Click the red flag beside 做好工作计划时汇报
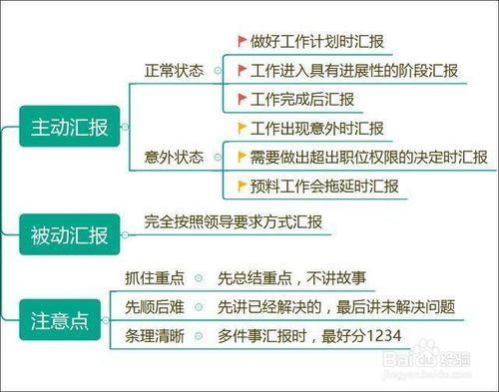click(242, 42)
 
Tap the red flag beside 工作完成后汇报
click(242, 99)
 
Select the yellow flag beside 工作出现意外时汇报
click(242, 129)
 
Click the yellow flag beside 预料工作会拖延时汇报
click(242, 186)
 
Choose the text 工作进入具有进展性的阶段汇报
click(354, 71)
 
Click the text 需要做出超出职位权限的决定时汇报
click(368, 158)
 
